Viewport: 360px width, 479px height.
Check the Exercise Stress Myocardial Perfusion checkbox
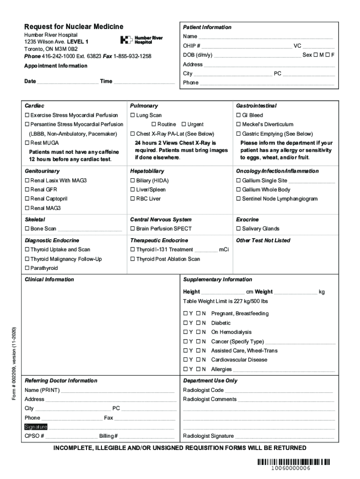point(27,116)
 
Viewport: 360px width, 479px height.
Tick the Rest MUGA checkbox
point(27,143)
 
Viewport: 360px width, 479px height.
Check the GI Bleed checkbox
point(238,116)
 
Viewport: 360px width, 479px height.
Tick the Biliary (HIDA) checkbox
point(133,181)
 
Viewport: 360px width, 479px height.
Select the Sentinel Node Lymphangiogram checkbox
point(238,199)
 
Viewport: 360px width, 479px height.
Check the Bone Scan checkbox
point(27,229)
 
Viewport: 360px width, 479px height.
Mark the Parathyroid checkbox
point(27,269)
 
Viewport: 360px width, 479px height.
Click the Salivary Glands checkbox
point(238,229)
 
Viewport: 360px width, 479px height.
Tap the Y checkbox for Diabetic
point(186,323)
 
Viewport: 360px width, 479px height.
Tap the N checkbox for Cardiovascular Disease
point(198,360)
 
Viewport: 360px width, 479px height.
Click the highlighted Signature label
point(36,427)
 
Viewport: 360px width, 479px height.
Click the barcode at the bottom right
point(293,462)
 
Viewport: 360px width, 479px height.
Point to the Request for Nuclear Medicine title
point(74,27)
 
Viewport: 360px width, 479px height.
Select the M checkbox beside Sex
point(316,55)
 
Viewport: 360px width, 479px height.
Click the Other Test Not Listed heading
point(263,240)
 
